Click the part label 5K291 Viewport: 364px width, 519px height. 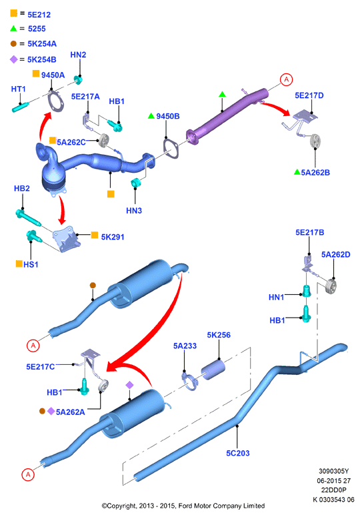(x=113, y=237)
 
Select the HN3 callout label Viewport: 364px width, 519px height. (x=134, y=211)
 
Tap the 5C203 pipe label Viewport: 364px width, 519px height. (x=237, y=453)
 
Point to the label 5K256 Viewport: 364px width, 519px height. (x=219, y=335)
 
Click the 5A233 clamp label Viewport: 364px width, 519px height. (x=185, y=346)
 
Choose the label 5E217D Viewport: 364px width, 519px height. (x=309, y=95)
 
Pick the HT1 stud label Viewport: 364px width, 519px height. (x=18, y=89)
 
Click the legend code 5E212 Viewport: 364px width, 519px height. (x=39, y=15)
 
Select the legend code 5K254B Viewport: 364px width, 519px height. (x=42, y=59)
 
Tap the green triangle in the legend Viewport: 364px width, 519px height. (x=13, y=29)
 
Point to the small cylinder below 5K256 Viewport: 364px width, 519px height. (x=213, y=370)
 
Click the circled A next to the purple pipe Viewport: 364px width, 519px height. (x=286, y=79)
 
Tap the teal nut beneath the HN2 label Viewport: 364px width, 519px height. (x=79, y=80)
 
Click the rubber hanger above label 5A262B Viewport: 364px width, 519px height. (x=315, y=141)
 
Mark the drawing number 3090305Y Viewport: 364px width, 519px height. (x=333, y=471)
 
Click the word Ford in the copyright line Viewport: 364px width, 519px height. (x=185, y=506)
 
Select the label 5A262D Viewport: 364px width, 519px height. (x=335, y=255)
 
